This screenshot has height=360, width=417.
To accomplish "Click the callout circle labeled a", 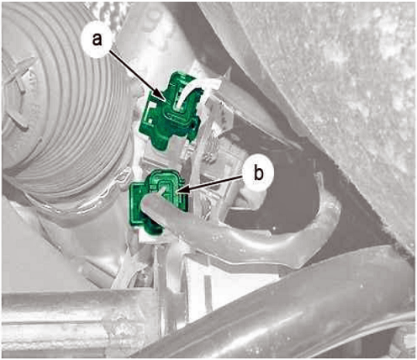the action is tap(98, 40).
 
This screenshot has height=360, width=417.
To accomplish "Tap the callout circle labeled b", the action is tap(258, 174).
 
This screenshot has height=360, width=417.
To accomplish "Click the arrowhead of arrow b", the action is tap(182, 191).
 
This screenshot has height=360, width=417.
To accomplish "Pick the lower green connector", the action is tap(157, 199).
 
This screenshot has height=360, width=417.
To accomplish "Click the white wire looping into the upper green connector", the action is tap(193, 89).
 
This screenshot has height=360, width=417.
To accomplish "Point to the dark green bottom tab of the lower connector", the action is tap(154, 227).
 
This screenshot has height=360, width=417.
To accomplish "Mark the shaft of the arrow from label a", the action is tap(135, 73).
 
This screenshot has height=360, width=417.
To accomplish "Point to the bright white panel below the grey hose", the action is tap(224, 278).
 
